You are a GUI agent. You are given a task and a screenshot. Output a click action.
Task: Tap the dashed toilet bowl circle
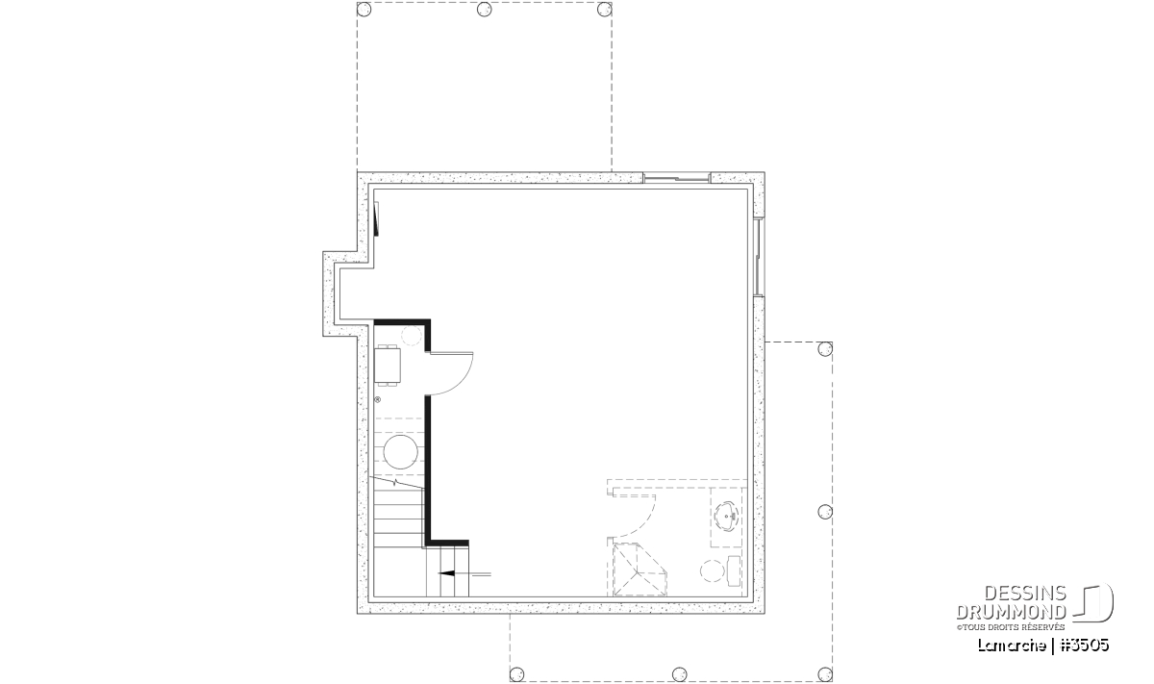pyautogui.click(x=712, y=571)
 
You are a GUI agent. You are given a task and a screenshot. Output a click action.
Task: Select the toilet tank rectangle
pyautogui.click(x=734, y=571)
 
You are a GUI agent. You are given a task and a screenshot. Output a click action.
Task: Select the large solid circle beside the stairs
pyautogui.click(x=401, y=451)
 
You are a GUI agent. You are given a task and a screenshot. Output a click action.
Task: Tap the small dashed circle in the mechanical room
pyautogui.click(x=412, y=336)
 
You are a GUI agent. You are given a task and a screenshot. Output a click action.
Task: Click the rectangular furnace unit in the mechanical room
pyautogui.click(x=388, y=366)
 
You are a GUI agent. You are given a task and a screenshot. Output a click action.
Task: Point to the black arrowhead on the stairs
pyautogui.click(x=446, y=573)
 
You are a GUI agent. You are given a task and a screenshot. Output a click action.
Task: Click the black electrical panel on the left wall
pyautogui.click(x=376, y=218)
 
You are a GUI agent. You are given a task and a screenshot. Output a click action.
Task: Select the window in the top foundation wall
pyautogui.click(x=676, y=178)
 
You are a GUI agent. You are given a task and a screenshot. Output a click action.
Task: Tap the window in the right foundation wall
pyautogui.click(x=759, y=258)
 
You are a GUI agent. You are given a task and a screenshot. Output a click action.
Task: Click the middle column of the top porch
pyautogui.click(x=485, y=10)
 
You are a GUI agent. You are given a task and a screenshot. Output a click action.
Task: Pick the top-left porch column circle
pyautogui.click(x=364, y=10)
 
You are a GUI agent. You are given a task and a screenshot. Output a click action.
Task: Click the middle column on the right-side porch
pyautogui.click(x=825, y=512)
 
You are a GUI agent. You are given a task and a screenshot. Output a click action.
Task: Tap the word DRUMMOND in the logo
pyautogui.click(x=1011, y=612)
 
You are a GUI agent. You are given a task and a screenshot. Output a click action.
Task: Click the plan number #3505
pyautogui.click(x=1085, y=646)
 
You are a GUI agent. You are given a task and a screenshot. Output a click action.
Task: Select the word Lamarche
pyautogui.click(x=1012, y=646)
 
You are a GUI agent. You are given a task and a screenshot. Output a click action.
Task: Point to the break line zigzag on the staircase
pyautogui.click(x=395, y=483)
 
